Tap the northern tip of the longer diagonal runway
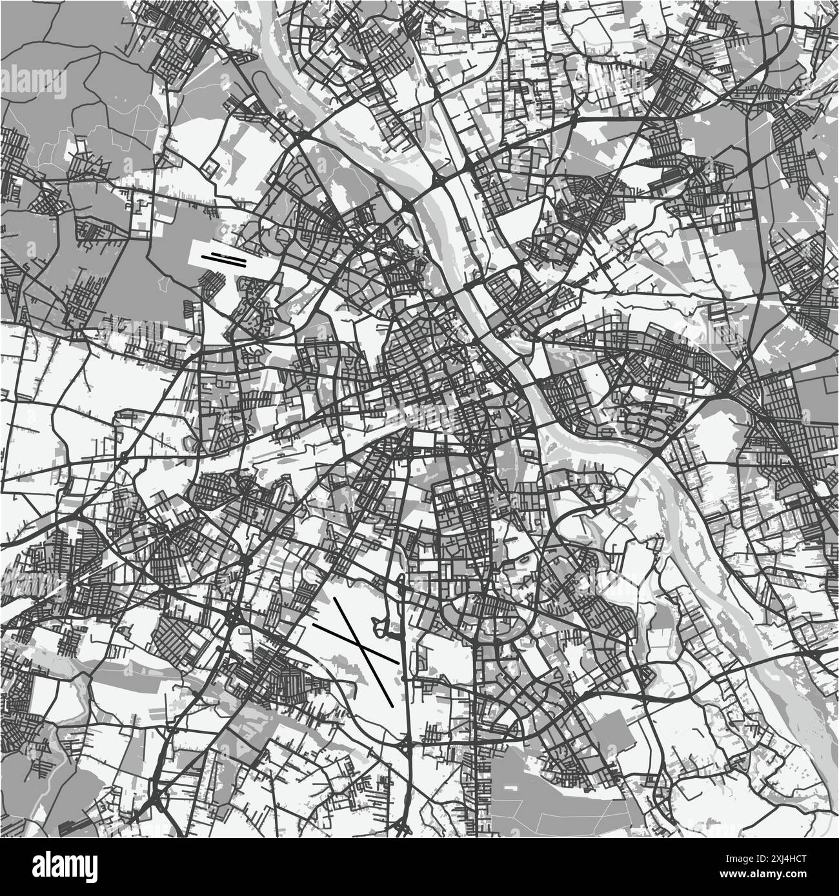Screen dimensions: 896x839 (x=334, y=599)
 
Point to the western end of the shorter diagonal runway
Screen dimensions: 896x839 (x=314, y=624)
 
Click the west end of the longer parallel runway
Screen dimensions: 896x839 (x=203, y=259)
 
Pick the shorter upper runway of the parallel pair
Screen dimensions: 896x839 (x=224, y=255)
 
